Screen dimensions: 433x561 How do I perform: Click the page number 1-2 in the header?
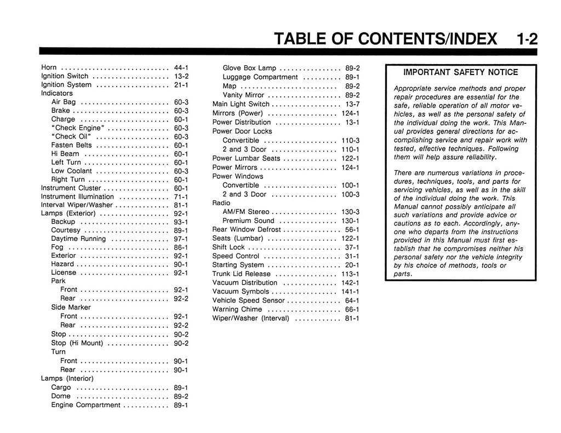coord(526,39)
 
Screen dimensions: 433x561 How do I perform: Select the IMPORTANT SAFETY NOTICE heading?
coord(460,72)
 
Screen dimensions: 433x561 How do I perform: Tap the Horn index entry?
coord(50,67)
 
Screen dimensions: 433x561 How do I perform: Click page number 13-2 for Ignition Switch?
coord(181,76)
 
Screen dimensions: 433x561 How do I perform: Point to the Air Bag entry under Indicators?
coord(64,102)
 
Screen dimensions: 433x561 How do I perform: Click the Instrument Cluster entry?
coord(71,188)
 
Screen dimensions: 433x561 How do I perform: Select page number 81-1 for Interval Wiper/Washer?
coord(181,205)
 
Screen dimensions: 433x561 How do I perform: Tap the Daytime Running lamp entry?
coord(78,239)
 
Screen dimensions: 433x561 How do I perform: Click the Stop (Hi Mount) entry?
coord(77,343)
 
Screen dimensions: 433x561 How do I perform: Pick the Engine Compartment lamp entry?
coord(85,405)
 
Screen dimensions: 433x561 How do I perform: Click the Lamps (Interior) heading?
coord(67,378)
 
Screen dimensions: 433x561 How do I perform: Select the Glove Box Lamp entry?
coord(249,68)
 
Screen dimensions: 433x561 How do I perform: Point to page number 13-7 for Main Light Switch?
coord(352,104)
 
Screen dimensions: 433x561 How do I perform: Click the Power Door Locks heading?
coord(242,131)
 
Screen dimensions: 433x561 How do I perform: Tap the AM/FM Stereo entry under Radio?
coord(246,212)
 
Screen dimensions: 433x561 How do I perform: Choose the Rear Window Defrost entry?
coord(247,229)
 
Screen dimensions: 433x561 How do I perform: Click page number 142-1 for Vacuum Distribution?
coord(350,282)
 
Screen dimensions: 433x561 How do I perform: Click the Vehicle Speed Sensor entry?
coord(249,301)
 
